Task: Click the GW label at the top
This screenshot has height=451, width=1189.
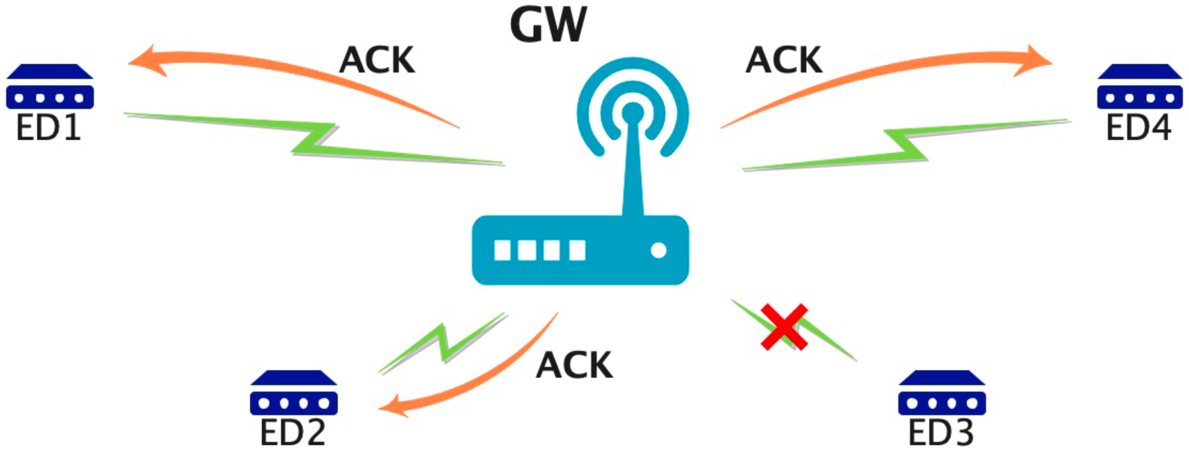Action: (x=548, y=24)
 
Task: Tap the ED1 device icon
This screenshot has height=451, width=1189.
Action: (x=49, y=87)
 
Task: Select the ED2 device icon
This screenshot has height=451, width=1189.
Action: (x=294, y=393)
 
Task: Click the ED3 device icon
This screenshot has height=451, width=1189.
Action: (x=942, y=393)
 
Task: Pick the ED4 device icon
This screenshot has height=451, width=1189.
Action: (x=1140, y=87)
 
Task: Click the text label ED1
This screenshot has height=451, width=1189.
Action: (x=48, y=128)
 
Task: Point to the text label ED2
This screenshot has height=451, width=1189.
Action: (x=293, y=433)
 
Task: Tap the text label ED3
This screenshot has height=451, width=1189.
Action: (x=941, y=433)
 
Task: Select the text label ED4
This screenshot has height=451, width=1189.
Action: (x=1139, y=128)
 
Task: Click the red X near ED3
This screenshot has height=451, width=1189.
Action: (x=784, y=327)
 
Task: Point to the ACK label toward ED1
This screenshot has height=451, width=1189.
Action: (x=377, y=60)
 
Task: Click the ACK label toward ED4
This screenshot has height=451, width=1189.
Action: (x=784, y=60)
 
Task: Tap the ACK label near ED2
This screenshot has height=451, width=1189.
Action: (x=575, y=365)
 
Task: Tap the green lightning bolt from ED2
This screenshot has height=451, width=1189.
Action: (x=444, y=342)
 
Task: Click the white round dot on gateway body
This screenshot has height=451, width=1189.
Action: (x=658, y=250)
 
